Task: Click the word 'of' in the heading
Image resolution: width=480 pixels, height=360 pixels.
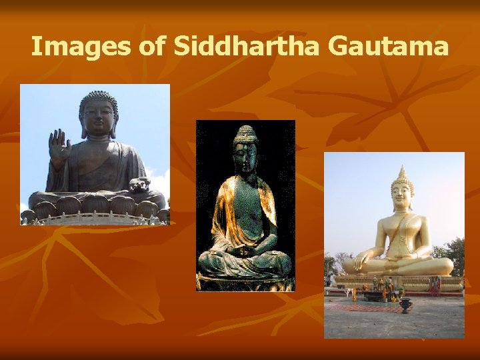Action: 151,47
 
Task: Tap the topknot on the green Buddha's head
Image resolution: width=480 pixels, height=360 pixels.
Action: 245,129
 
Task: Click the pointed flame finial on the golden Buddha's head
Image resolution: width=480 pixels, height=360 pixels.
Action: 401,171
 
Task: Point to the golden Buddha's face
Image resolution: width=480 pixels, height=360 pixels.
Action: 401,197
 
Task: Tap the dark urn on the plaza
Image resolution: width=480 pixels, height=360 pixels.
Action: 405,305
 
